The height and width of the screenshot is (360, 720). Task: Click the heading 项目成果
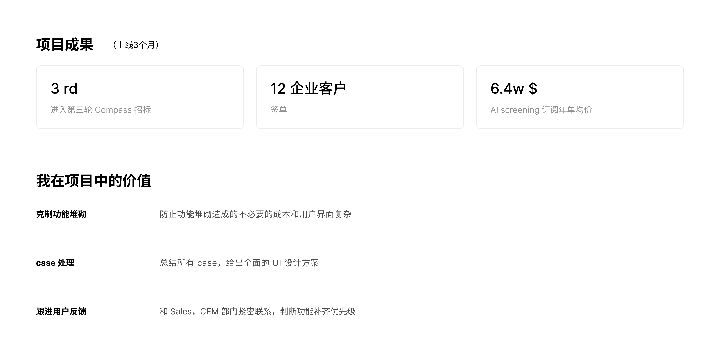pyautogui.click(x=65, y=45)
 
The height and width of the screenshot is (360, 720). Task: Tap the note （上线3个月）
pyautogui.click(x=136, y=45)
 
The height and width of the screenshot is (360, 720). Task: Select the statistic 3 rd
pyautogui.click(x=64, y=89)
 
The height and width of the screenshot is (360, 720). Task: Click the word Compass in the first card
pyautogui.click(x=113, y=110)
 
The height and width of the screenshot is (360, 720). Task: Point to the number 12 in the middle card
pyautogui.click(x=278, y=89)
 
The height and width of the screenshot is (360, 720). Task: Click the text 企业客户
pyautogui.click(x=318, y=89)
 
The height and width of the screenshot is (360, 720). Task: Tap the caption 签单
pyautogui.click(x=279, y=110)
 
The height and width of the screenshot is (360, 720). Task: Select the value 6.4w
pyautogui.click(x=507, y=89)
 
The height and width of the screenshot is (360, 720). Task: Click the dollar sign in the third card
pyautogui.click(x=533, y=89)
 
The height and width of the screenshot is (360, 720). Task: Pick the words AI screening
pyautogui.click(x=515, y=110)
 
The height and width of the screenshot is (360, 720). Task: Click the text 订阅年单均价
pyautogui.click(x=567, y=110)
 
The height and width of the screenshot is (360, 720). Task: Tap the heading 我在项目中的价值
pyautogui.click(x=94, y=181)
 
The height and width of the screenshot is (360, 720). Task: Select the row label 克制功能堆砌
pyautogui.click(x=61, y=214)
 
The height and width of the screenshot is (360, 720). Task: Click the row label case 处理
pyautogui.click(x=55, y=263)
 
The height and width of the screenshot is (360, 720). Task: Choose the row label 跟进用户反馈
pyautogui.click(x=61, y=311)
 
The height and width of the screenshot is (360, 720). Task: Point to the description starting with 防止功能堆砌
pyautogui.click(x=255, y=214)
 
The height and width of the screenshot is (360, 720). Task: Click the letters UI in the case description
pyautogui.click(x=277, y=263)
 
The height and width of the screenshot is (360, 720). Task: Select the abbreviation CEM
pyautogui.click(x=209, y=311)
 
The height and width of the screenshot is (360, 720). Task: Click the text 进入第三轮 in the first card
pyautogui.click(x=71, y=110)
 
